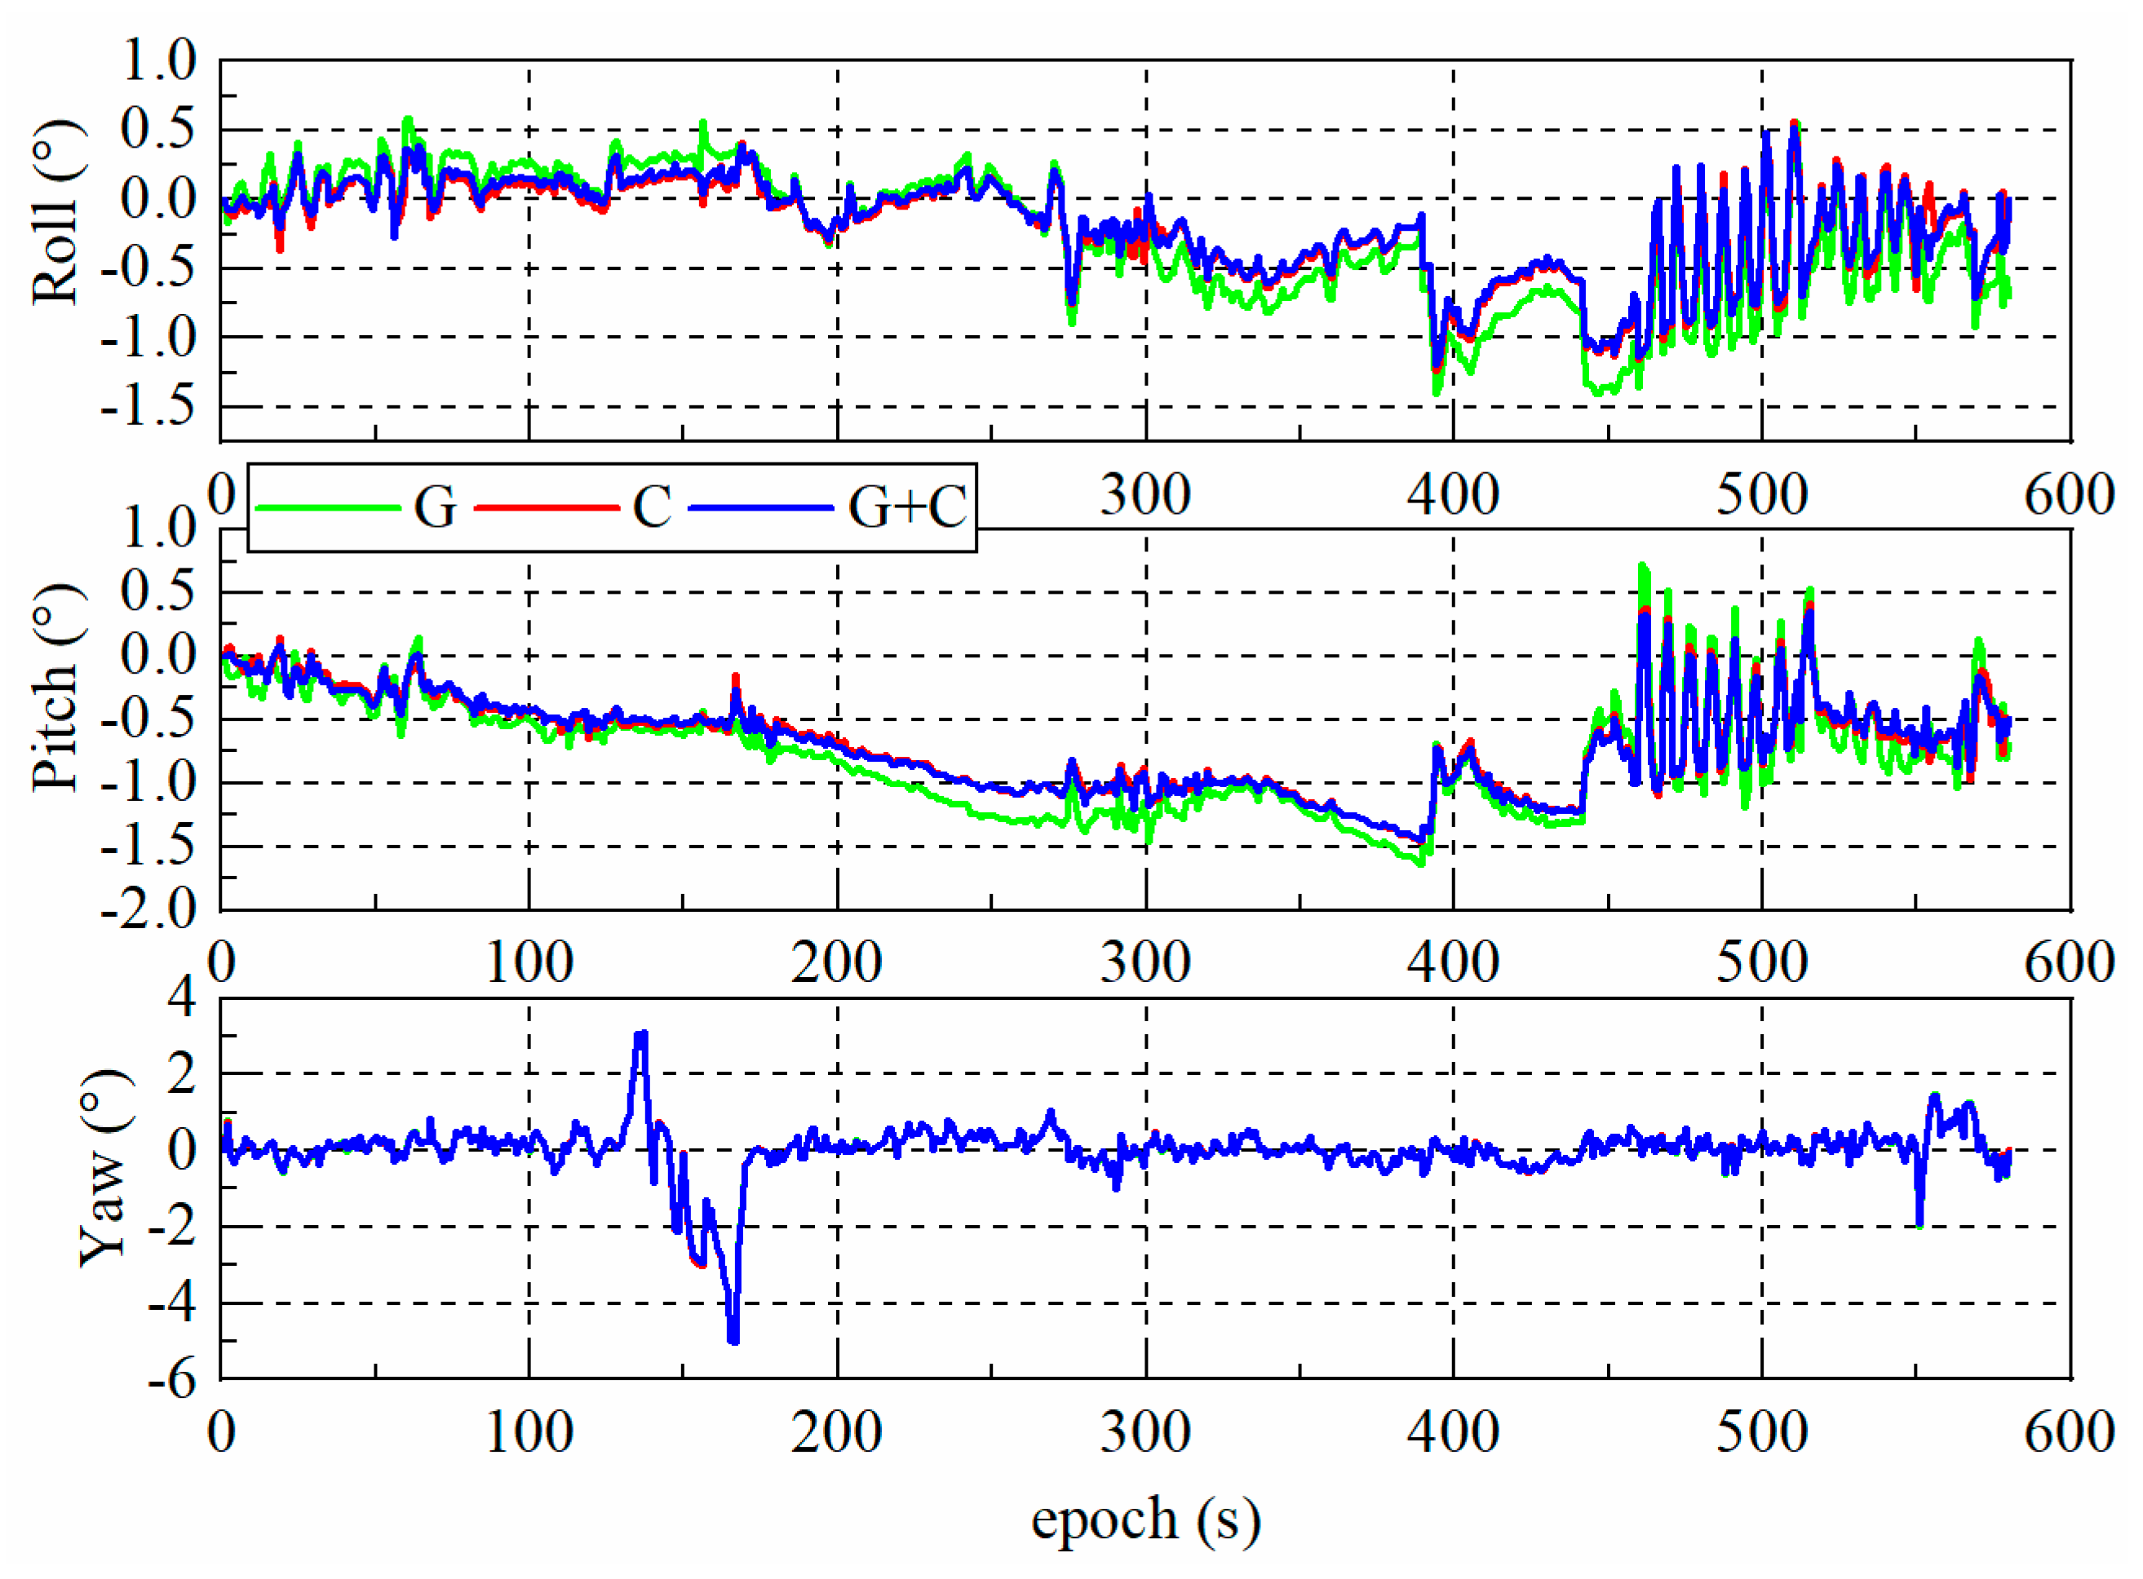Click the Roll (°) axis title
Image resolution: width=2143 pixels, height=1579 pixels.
[55, 212]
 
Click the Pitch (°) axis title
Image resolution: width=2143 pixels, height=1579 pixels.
[55, 688]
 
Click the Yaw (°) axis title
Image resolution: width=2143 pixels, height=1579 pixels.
[104, 1168]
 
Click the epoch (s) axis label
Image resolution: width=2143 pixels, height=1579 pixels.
[1145, 1518]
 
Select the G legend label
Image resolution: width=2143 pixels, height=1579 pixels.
[435, 506]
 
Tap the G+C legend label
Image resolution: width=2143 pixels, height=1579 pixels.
[907, 506]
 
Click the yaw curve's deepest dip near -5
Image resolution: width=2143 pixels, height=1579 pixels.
[733, 1340]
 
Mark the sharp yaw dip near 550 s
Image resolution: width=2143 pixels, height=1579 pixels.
[1919, 1224]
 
